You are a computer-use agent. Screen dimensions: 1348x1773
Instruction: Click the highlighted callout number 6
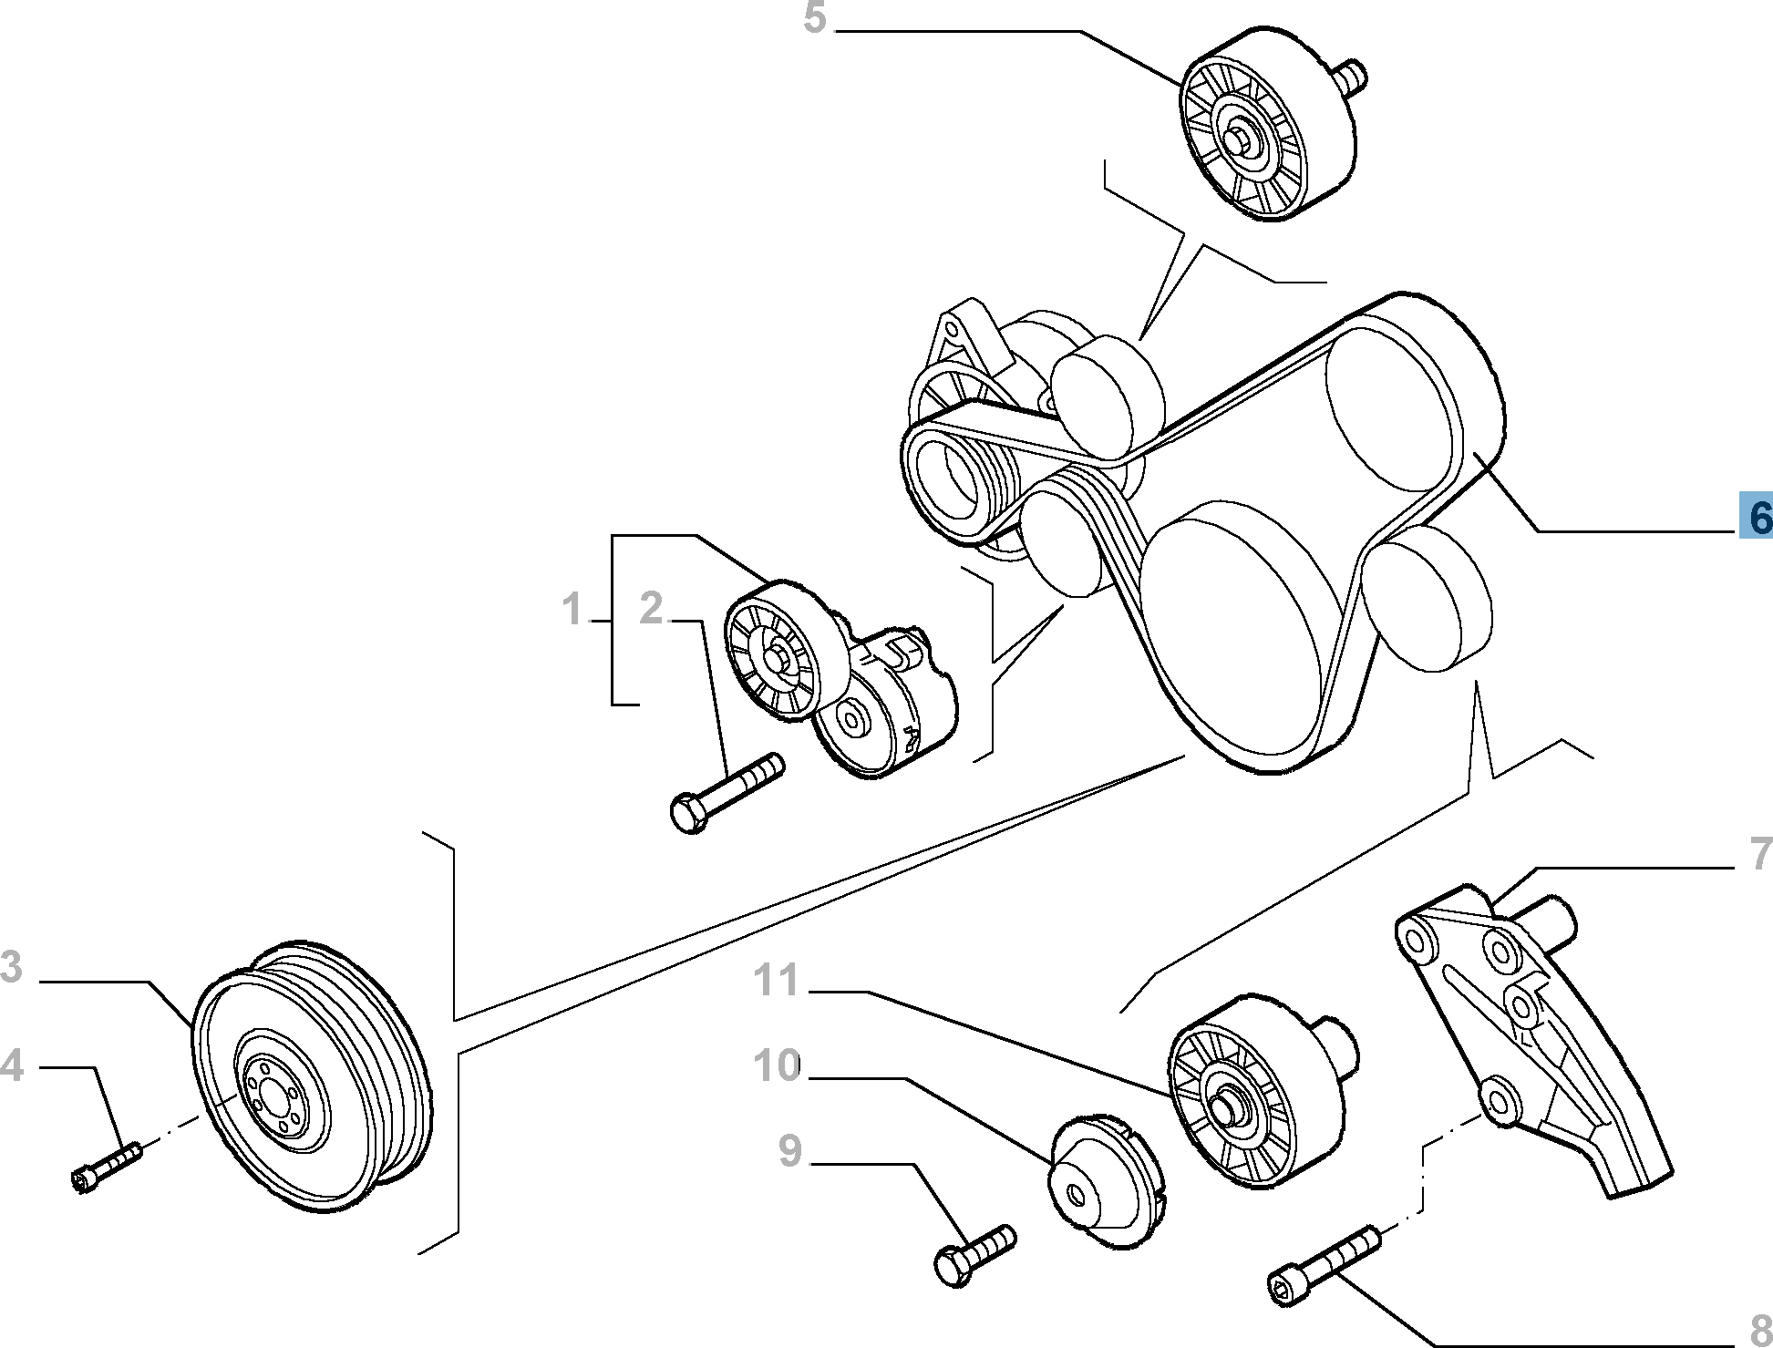pos(1756,517)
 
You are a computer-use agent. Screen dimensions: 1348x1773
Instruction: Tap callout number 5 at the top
pos(814,18)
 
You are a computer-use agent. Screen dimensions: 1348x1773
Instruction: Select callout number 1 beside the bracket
pos(572,610)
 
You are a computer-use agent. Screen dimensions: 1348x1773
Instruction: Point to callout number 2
pos(651,608)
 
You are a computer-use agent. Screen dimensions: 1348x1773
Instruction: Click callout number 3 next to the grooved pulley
pos(11,967)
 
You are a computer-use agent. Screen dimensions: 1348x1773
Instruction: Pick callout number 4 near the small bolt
pos(11,1065)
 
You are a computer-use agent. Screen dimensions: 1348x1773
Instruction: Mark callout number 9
pos(790,1151)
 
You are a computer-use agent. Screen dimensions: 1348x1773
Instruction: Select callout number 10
pos(777,1065)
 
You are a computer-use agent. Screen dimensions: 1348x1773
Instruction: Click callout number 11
pos(776,981)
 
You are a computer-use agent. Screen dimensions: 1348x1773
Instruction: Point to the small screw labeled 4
pos(106,1168)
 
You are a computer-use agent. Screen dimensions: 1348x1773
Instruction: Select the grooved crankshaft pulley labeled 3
pos(310,1079)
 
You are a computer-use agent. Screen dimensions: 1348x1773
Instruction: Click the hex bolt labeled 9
pos(974,1256)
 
